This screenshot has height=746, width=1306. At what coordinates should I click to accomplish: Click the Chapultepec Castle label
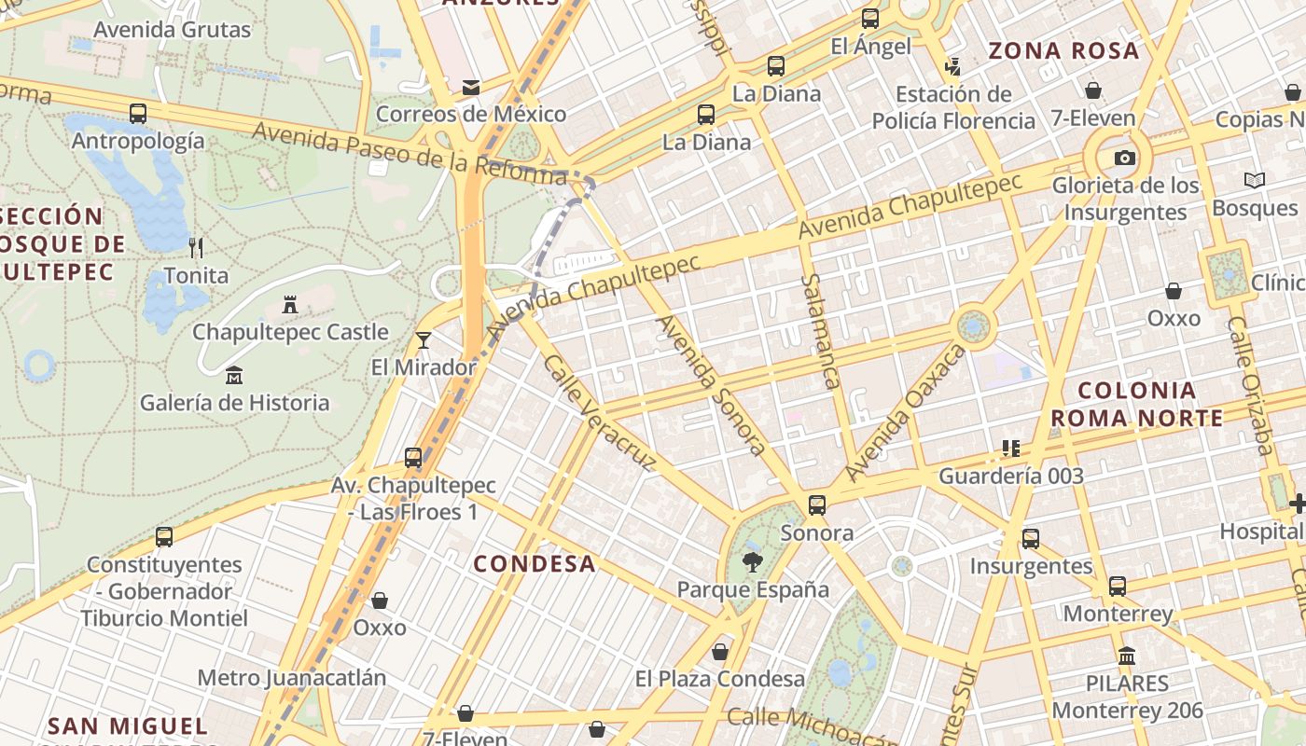(290, 332)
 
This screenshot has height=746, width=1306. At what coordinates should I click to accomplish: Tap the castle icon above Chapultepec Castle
(290, 304)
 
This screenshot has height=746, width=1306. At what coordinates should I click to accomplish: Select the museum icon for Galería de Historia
(234, 376)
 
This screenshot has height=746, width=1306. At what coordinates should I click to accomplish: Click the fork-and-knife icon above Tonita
(196, 247)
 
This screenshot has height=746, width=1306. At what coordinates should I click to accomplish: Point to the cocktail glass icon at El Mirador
(424, 339)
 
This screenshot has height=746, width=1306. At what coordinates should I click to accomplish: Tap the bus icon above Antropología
(138, 114)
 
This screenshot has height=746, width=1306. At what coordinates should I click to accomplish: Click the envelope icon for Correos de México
(471, 88)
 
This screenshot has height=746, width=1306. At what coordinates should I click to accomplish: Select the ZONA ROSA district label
(1063, 50)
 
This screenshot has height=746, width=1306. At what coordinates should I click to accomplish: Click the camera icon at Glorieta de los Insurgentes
(1125, 158)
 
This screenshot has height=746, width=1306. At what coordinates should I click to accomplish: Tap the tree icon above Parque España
(752, 561)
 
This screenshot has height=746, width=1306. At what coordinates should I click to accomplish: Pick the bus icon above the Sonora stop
(817, 505)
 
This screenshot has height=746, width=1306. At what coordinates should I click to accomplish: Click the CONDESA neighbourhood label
(535, 563)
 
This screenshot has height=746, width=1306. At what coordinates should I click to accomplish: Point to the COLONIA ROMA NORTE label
(1149, 404)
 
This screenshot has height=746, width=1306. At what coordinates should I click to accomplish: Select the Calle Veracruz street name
(601, 413)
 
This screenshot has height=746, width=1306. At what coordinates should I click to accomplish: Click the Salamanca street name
(821, 331)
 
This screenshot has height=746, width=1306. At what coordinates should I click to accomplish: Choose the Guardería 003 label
(1011, 477)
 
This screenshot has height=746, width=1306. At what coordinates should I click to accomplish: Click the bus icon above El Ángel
(870, 18)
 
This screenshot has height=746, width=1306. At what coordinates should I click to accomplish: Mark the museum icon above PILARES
(1127, 656)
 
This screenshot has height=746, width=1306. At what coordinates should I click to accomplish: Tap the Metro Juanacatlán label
(292, 677)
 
